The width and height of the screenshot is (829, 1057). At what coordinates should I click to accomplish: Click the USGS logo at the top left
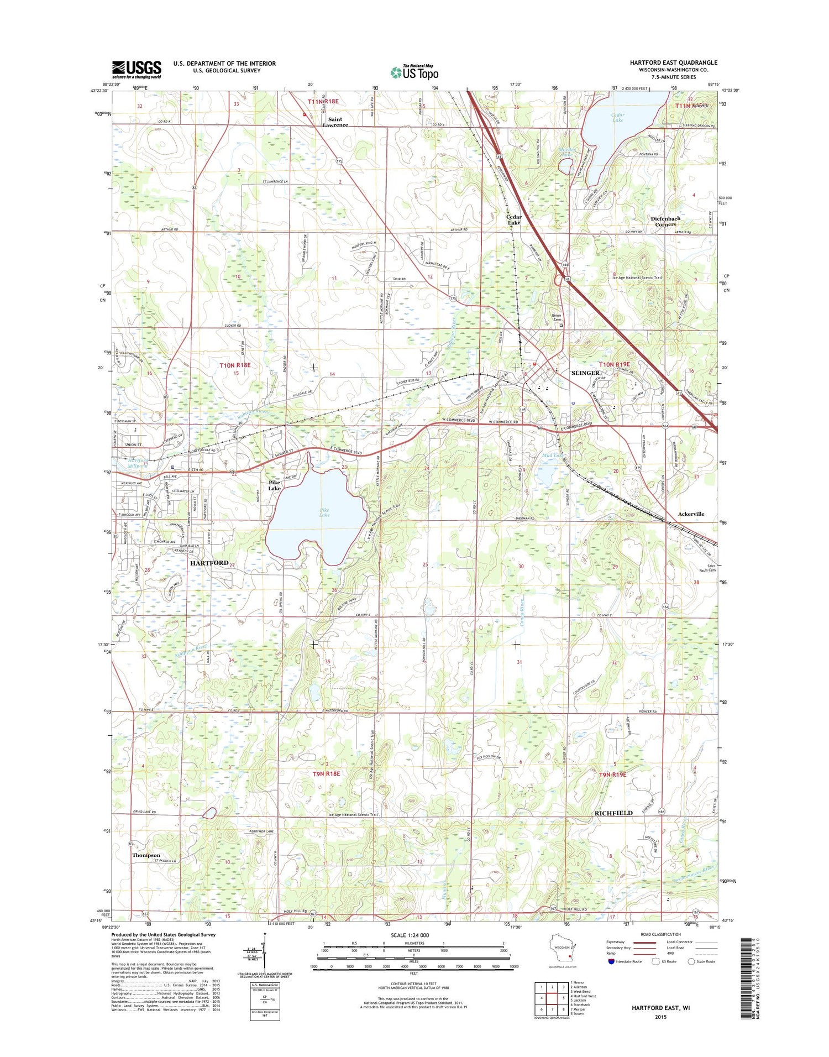(x=137, y=69)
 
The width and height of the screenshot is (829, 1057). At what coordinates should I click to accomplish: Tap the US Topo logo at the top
(x=414, y=72)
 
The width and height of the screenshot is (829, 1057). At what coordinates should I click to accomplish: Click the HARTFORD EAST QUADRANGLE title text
(x=673, y=62)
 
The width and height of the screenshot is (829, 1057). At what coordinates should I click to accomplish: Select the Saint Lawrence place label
(x=335, y=122)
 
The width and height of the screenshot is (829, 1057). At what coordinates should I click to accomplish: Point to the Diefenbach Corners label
(x=665, y=221)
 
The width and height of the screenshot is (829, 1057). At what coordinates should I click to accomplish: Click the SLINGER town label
(x=585, y=373)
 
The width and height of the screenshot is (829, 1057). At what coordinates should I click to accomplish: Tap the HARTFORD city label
(x=209, y=563)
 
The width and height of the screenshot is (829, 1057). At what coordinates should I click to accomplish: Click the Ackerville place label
(x=691, y=514)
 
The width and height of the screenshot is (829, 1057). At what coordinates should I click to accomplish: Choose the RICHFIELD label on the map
(x=613, y=813)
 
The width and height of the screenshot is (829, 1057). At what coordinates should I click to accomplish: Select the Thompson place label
(x=146, y=855)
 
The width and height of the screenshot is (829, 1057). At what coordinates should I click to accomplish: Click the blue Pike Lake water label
(x=324, y=512)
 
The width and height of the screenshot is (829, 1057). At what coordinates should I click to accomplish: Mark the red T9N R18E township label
(x=326, y=774)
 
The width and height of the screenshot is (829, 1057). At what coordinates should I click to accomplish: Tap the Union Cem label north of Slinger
(x=557, y=317)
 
